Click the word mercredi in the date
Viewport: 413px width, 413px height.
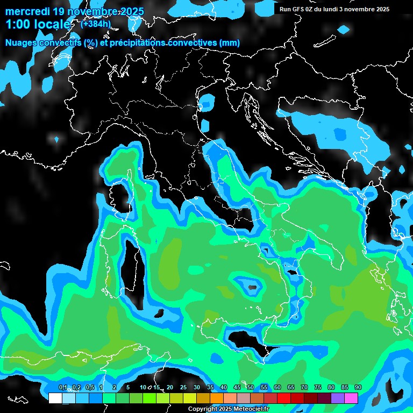pos(27,12)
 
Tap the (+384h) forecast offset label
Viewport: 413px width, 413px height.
pos(97,24)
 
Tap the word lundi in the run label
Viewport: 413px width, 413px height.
pos(334,9)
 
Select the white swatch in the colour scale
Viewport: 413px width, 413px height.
pos(55,398)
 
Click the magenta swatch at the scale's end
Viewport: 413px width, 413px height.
pos(351,398)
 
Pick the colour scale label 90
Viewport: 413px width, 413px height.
pos(358,388)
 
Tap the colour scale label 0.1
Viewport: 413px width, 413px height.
pos(63,388)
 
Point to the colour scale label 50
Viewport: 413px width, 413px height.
pos(251,388)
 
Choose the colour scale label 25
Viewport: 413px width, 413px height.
pos(183,388)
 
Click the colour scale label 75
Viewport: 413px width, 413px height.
pos(318,388)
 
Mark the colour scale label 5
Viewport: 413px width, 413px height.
pos(127,388)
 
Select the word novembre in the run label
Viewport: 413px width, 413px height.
pos(364,9)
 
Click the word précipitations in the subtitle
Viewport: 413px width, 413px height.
pos(137,43)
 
